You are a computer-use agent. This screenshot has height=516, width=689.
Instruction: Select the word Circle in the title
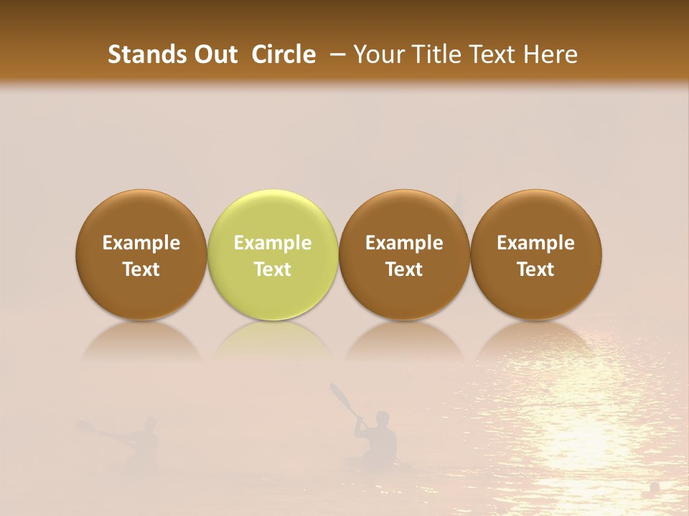(x=283, y=54)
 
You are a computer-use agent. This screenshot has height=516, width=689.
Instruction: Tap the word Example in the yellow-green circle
(x=273, y=243)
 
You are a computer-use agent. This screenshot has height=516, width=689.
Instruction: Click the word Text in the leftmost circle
(x=141, y=269)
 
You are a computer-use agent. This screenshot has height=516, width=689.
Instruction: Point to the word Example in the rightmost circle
(x=535, y=243)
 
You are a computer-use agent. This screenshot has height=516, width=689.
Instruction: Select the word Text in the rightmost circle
(x=535, y=269)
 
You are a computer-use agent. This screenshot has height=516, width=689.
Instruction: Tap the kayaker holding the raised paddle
(x=378, y=439)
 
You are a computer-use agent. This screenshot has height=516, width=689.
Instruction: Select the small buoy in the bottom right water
(x=655, y=487)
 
